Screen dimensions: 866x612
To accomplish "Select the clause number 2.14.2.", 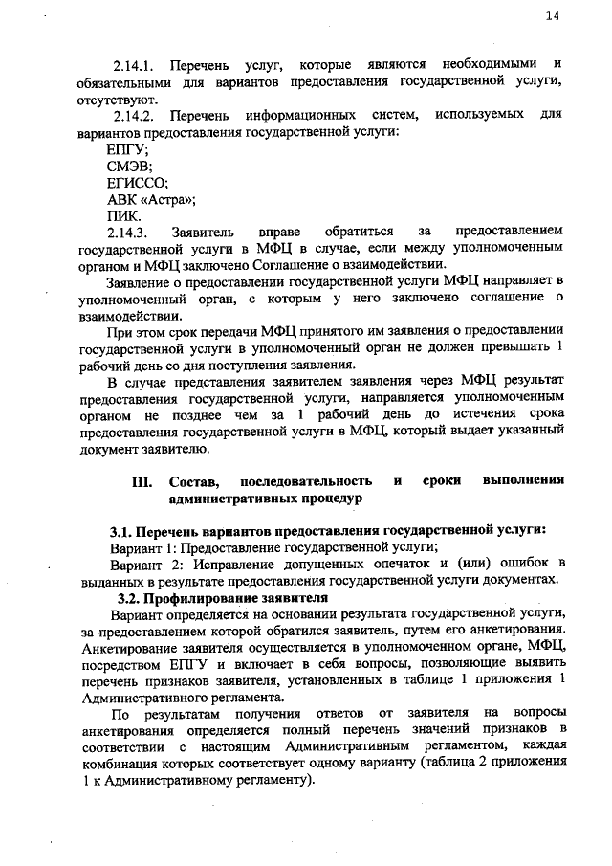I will (x=134, y=116).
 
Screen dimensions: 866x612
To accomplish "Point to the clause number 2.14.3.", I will (x=127, y=232).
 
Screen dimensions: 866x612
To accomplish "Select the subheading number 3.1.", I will (x=119, y=530).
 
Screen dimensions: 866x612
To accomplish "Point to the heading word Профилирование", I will (x=216, y=597).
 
